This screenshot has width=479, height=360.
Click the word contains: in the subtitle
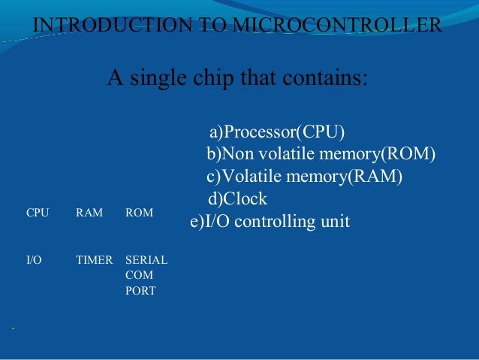pyautogui.click(x=329, y=77)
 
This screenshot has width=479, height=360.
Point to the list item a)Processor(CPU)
pyautogui.click(x=277, y=133)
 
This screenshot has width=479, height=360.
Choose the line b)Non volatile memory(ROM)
pyautogui.click(x=321, y=155)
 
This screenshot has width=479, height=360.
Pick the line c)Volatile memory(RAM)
pyautogui.click(x=304, y=177)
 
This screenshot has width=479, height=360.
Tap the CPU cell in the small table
pyautogui.click(x=38, y=213)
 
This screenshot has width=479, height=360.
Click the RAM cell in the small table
pyautogui.click(x=89, y=213)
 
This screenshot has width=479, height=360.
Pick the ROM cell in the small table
pyautogui.click(x=139, y=213)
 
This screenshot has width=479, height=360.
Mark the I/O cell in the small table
pyautogui.click(x=34, y=261)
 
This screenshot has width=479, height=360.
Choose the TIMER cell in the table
pyautogui.click(x=95, y=261)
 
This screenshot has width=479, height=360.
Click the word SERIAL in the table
pyautogui.click(x=146, y=261)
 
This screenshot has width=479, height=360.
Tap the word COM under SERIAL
pyautogui.click(x=139, y=276)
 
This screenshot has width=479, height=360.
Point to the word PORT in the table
pyautogui.click(x=140, y=291)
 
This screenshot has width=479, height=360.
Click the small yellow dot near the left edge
pyautogui.click(x=14, y=328)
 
